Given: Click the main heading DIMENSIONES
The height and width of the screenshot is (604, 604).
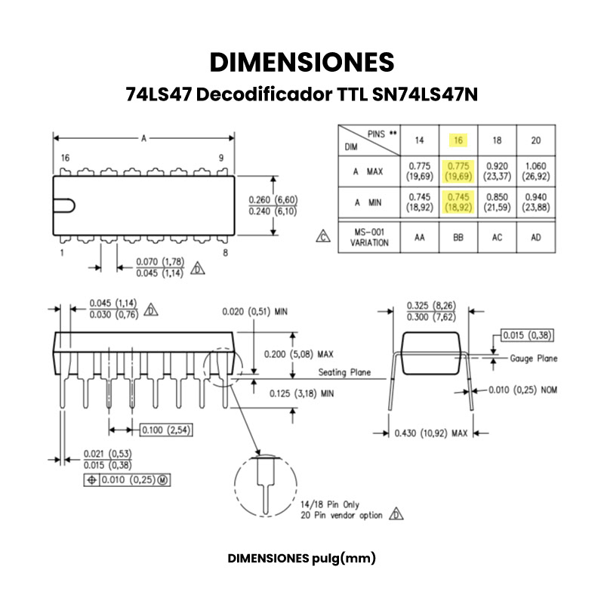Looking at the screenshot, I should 302,63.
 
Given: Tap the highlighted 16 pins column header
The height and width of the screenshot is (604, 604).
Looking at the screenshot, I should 458,140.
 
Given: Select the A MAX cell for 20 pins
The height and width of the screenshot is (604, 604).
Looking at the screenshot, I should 535,171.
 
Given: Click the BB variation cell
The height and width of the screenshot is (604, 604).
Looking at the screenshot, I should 458,237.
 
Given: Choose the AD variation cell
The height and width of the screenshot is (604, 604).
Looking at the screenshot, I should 535,237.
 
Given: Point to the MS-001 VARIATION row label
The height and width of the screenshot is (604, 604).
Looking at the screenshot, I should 369,237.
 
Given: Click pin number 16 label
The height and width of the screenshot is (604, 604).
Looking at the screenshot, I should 65,158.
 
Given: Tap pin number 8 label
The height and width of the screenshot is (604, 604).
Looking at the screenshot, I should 225,253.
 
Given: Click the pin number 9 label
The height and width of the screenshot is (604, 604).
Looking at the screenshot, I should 221,158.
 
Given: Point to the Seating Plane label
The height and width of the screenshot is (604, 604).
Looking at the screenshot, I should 344,372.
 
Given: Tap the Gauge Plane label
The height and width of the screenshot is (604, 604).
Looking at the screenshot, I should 533,359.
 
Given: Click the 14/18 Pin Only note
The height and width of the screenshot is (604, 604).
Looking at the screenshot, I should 330,504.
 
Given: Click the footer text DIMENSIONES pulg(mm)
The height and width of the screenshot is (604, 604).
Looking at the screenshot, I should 302,559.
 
